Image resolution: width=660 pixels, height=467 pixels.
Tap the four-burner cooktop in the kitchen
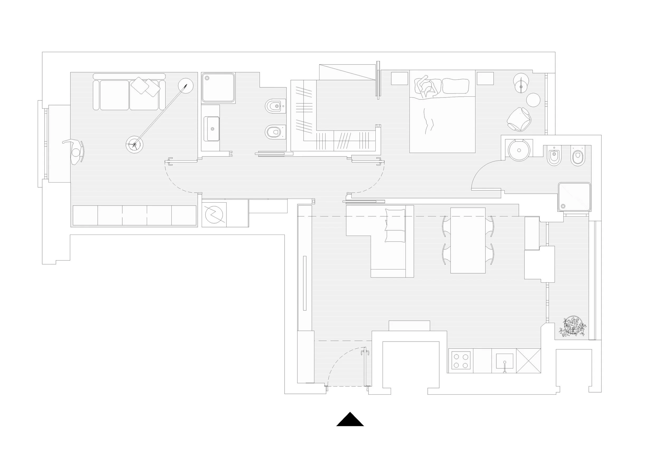pyautogui.click(x=461, y=360)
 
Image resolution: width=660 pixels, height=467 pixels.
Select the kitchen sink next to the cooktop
pyautogui.click(x=505, y=361)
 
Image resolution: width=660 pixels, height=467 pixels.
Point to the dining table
pyautogui.click(x=468, y=240)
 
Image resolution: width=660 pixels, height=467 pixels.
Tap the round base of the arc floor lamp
pyautogui.click(x=134, y=144)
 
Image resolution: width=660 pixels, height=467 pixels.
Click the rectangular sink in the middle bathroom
pyautogui.click(x=212, y=129)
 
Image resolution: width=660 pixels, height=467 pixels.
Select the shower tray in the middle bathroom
pyautogui.click(x=218, y=87)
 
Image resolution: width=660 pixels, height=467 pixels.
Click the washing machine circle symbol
pyautogui.click(x=214, y=214)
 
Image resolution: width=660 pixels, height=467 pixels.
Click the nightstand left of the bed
pyautogui.click(x=399, y=78)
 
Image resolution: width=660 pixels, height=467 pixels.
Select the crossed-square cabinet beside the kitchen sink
pyautogui.click(x=528, y=361)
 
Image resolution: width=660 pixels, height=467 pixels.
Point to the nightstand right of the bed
pyautogui.click(x=485, y=78)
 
